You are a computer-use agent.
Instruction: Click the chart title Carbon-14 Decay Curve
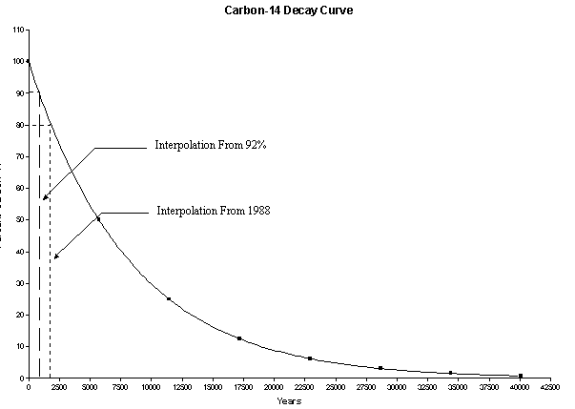pos(288,10)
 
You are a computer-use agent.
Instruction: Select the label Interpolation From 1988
pos(214,211)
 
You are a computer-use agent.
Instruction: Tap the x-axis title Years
pos(289,400)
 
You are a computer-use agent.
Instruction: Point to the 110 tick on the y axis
pos(19,30)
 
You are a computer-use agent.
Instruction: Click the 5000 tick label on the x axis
pos(90,388)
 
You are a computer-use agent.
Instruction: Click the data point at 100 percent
pos(29,61)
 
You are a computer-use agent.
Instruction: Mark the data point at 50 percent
pos(98,219)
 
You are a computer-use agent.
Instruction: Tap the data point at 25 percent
pos(169,298)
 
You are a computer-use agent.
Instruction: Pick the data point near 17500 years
pos(239,338)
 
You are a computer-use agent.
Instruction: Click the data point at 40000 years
pos(521,376)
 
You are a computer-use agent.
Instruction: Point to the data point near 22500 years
pos(310,358)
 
